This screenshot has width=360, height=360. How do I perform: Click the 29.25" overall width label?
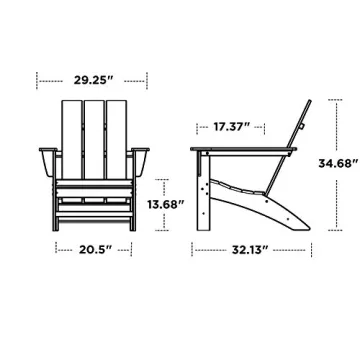tap(92, 75)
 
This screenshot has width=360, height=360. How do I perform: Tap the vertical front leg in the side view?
tap(204, 195)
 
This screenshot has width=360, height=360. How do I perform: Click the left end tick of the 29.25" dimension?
tap(37, 75)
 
